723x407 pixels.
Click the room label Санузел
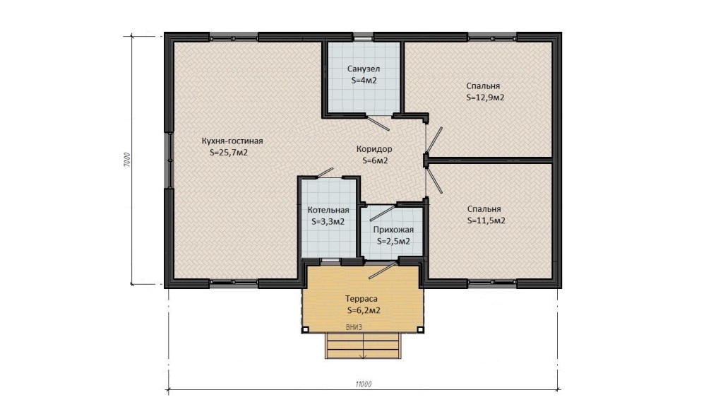pyautogui.click(x=364, y=69)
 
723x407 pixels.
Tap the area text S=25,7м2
pyautogui.click(x=229, y=153)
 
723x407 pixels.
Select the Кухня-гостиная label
pyautogui.click(x=232, y=141)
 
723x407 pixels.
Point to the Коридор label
pyautogui.click(x=374, y=149)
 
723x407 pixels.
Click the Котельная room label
pyautogui.click(x=328, y=210)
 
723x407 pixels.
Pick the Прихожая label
pyautogui.click(x=393, y=230)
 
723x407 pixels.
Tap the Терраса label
pyautogui.click(x=361, y=299)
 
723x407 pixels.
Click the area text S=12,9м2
pyautogui.click(x=485, y=98)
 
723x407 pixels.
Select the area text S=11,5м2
pyautogui.click(x=486, y=220)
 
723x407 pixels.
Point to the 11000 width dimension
pyautogui.click(x=364, y=384)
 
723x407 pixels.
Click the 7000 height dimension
pyautogui.click(x=127, y=160)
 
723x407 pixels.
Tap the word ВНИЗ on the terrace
pyautogui.click(x=354, y=327)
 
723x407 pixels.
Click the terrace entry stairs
pyautogui.click(x=363, y=345)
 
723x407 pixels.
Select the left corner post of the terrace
pyautogui.click(x=305, y=329)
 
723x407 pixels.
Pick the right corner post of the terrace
pyautogui.click(x=421, y=329)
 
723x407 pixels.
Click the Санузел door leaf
pyautogui.click(x=378, y=122)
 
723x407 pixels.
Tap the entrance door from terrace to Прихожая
pyautogui.click(x=383, y=270)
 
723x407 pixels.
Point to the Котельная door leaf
pyautogui.click(x=325, y=172)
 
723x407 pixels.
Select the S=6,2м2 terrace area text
pyautogui.click(x=364, y=311)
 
